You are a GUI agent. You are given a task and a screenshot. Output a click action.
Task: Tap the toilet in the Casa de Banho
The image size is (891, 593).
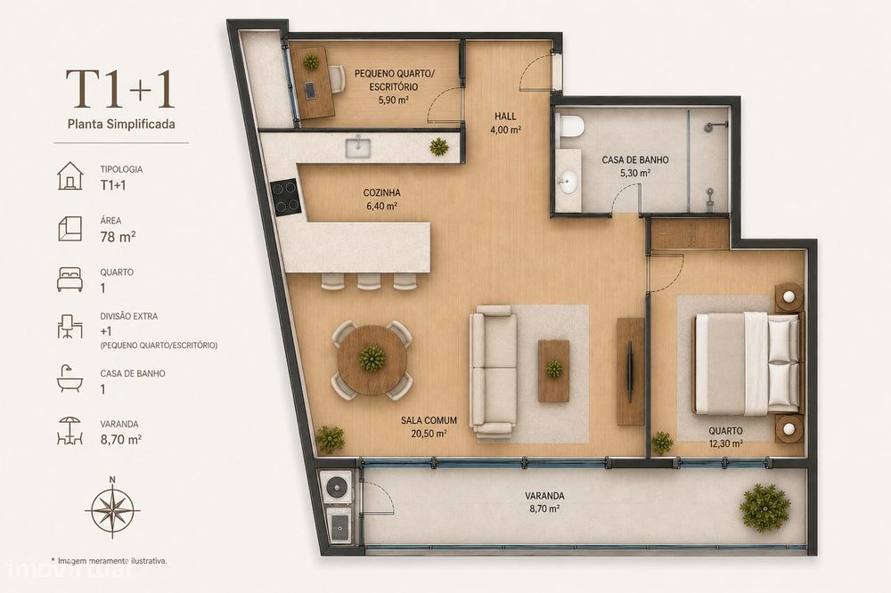point(570,126)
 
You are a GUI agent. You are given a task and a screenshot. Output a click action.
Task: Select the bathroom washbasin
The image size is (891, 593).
point(567,183)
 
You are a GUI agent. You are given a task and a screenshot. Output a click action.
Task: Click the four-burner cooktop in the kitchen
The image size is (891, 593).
point(285,197)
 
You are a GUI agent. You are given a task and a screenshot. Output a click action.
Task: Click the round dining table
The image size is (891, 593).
point(372,360)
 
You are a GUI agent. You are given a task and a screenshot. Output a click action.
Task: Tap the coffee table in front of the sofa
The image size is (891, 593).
point(553,370)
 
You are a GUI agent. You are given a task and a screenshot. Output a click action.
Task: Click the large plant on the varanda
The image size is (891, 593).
point(765,508)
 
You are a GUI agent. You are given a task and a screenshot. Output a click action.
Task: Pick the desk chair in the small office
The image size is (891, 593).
point(337,79)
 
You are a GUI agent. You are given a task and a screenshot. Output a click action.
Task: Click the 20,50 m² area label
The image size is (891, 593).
point(429,434)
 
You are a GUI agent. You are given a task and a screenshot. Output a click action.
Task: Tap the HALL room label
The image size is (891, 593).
point(505,117)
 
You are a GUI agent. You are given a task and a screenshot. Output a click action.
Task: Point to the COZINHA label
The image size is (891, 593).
point(382,193)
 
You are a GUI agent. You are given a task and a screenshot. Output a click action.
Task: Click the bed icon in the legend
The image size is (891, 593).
point(69,280)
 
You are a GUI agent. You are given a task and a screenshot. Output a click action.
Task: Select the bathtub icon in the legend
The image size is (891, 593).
point(69,379)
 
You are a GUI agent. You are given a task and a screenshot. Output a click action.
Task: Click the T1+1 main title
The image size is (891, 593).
point(120,89)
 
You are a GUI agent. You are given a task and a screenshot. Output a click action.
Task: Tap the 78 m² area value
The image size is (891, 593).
point(118,236)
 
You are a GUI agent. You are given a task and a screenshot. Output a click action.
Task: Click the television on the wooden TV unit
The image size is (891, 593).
point(630,372)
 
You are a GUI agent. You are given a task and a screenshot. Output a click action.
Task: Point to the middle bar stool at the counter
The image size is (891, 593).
point(368,281)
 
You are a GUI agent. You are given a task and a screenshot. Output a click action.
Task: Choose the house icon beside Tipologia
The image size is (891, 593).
point(69,175)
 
